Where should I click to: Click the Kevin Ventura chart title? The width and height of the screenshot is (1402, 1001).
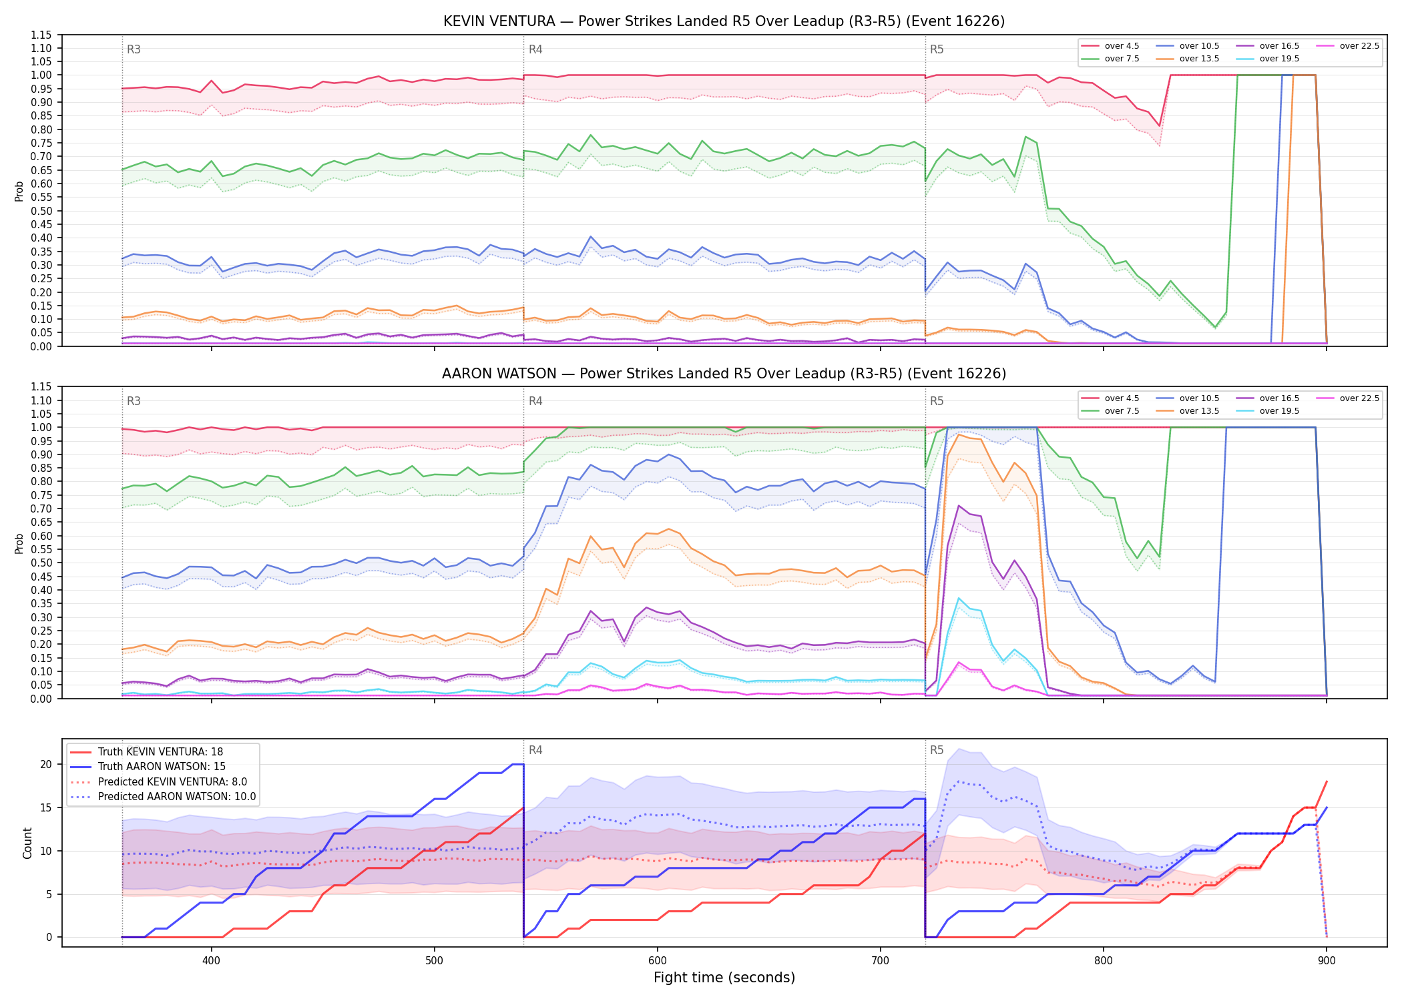[724, 21]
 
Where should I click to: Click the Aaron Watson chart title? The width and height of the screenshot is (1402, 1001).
[724, 374]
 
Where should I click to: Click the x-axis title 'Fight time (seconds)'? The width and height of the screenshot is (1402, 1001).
[724, 978]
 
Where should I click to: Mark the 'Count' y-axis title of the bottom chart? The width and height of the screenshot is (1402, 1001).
[27, 843]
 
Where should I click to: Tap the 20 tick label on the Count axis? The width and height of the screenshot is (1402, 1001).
[46, 765]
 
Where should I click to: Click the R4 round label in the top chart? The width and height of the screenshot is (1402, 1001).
[535, 49]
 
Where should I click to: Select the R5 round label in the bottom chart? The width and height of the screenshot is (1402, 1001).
[937, 750]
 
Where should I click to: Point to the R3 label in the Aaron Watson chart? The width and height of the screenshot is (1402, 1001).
[134, 401]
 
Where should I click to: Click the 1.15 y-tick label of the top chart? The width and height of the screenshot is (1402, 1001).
[41, 35]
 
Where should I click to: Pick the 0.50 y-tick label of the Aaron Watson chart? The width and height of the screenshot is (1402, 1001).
[41, 563]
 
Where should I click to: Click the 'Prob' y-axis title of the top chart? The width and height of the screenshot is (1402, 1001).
[19, 191]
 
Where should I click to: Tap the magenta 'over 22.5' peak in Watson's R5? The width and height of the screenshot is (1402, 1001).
[959, 662]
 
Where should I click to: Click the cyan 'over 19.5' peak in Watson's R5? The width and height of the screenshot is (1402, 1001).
[959, 598]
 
